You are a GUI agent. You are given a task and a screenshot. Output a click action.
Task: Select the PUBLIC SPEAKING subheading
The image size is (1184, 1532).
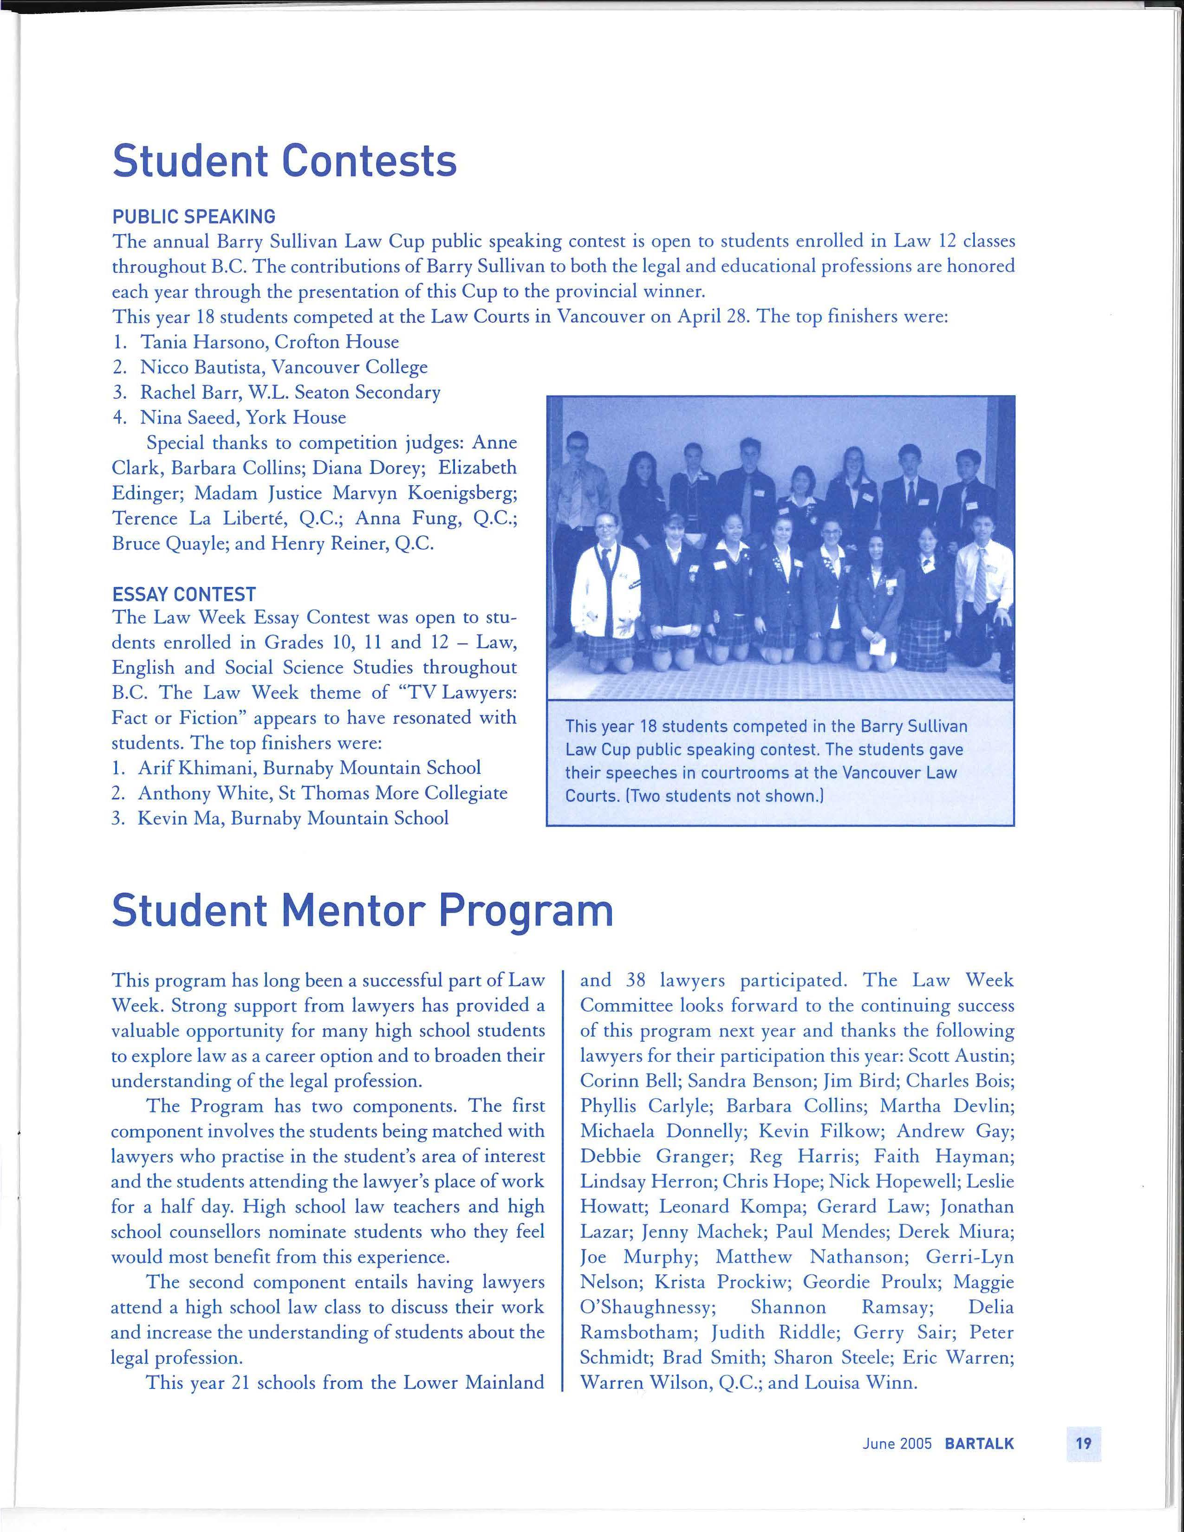coord(194,217)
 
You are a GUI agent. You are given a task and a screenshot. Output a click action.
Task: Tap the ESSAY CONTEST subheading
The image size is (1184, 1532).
coord(184,594)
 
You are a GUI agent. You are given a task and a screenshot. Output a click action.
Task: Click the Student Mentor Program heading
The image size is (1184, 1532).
coord(362,910)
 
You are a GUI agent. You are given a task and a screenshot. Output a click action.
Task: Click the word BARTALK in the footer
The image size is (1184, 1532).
coord(979,1444)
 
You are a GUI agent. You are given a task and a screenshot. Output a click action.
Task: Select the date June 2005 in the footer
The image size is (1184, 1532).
coord(897,1444)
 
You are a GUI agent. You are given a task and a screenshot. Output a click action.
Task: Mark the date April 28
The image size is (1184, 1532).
coord(704,317)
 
